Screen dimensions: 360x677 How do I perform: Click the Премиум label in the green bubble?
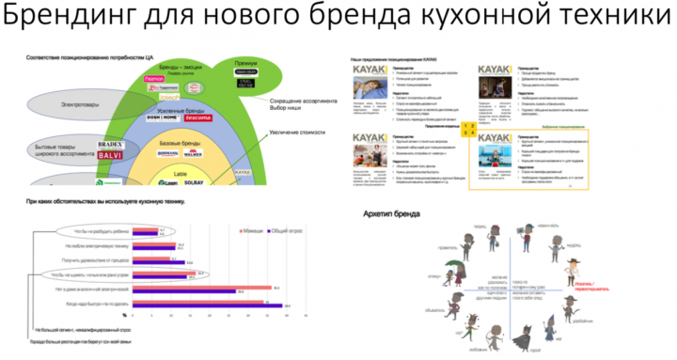(245, 64)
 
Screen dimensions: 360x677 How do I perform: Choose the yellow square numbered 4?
(473, 133)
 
